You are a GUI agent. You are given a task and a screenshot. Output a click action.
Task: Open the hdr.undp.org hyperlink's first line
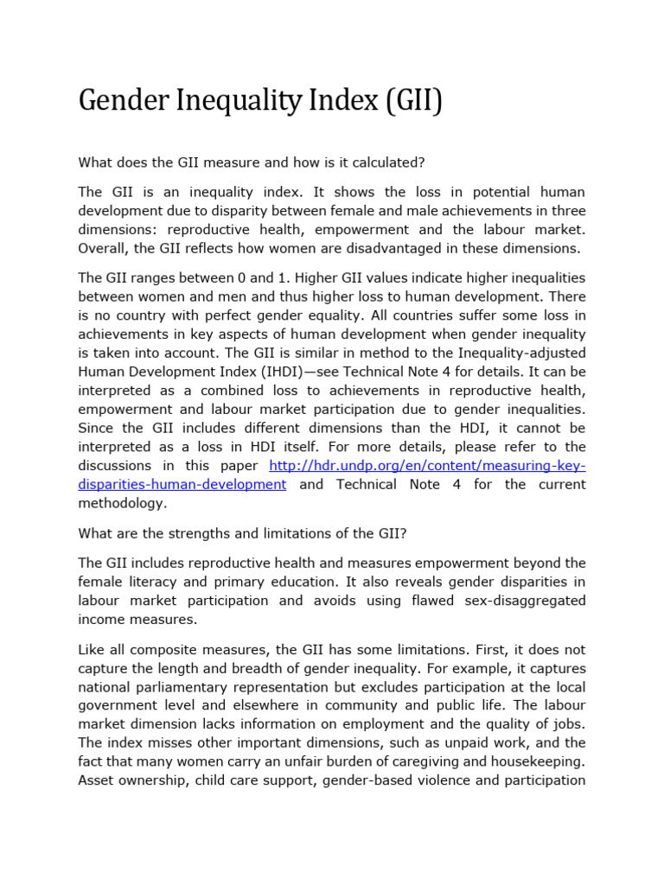tap(427, 466)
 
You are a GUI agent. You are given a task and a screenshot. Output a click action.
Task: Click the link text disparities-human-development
tap(182, 485)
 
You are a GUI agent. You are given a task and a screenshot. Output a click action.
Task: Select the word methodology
tap(121, 504)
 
